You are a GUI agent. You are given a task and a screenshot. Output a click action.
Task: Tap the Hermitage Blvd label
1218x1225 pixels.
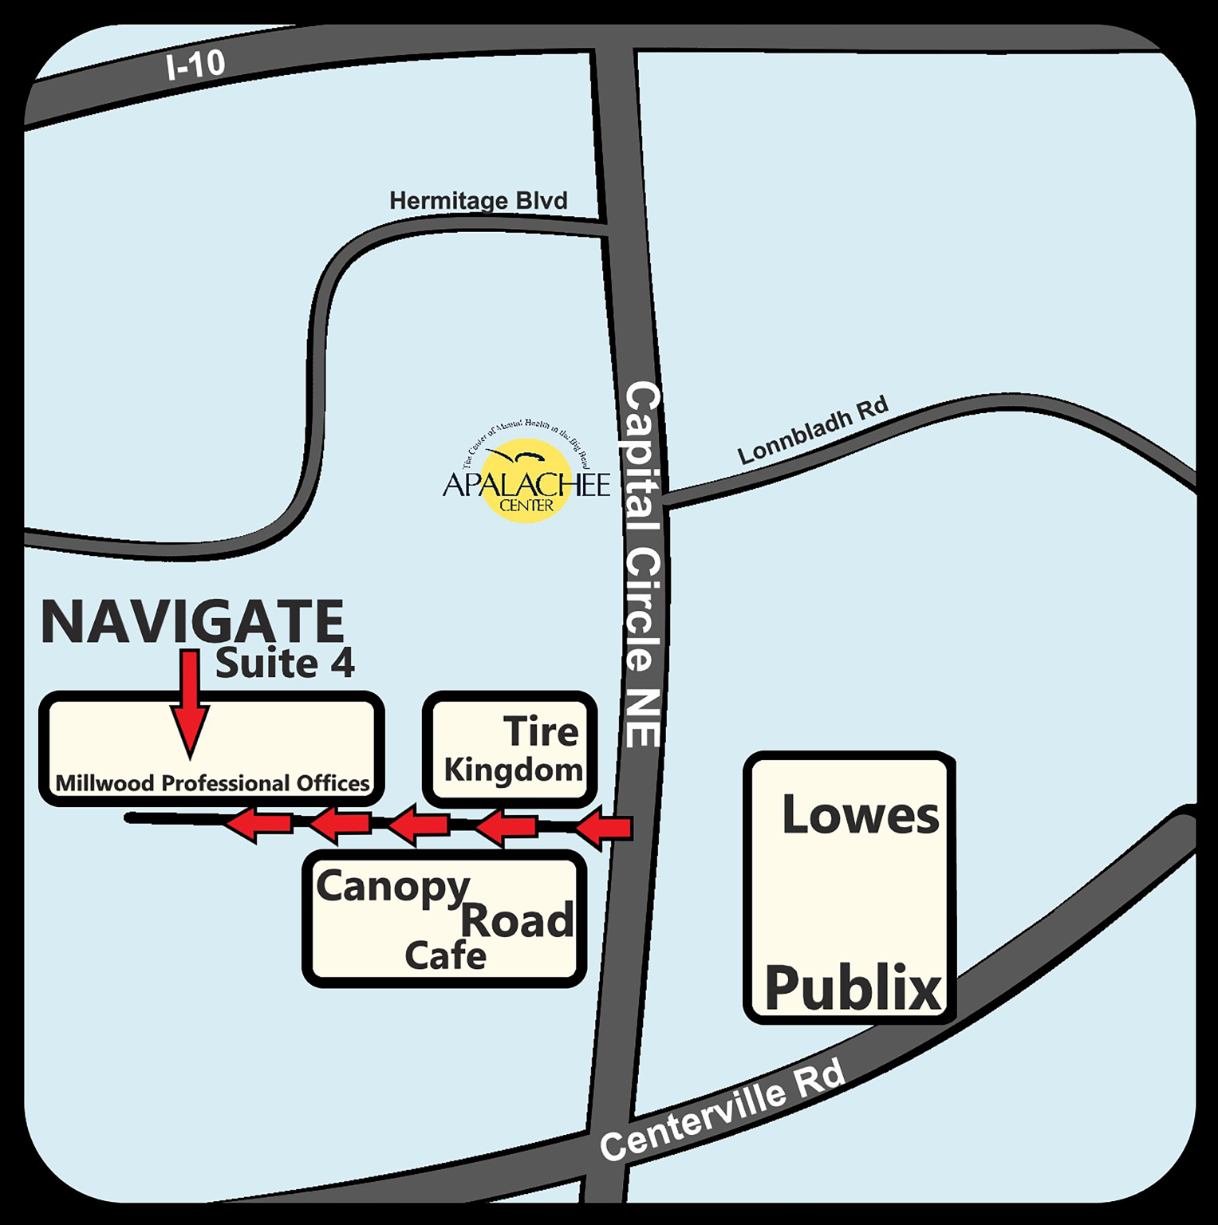[x=478, y=200]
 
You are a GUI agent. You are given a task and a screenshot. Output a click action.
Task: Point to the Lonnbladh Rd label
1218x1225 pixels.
[x=812, y=431]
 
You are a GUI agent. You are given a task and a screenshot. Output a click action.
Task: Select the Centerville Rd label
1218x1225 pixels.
[x=723, y=1110]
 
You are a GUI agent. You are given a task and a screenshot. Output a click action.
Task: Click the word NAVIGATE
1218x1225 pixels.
[x=192, y=622]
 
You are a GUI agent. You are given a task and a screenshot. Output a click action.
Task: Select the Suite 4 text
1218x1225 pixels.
[x=285, y=664]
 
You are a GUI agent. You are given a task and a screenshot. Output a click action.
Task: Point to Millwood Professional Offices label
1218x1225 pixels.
[x=212, y=783]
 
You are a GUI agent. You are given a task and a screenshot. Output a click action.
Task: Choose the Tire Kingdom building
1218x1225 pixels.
[x=510, y=750]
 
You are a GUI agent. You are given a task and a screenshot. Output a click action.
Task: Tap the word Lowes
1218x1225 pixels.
[x=861, y=815]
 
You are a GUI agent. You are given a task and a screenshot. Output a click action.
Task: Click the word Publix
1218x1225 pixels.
[x=853, y=988]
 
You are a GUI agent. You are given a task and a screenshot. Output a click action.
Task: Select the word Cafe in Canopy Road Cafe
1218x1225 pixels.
[x=445, y=955]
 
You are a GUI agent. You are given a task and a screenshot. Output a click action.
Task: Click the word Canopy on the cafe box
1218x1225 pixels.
[x=392, y=888]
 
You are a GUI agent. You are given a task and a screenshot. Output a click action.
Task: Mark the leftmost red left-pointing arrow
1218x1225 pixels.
[x=257, y=824]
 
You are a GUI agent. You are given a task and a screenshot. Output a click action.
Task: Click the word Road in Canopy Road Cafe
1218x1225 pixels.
[x=517, y=921]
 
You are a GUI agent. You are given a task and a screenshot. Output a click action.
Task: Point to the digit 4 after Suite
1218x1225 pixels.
[x=343, y=664]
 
